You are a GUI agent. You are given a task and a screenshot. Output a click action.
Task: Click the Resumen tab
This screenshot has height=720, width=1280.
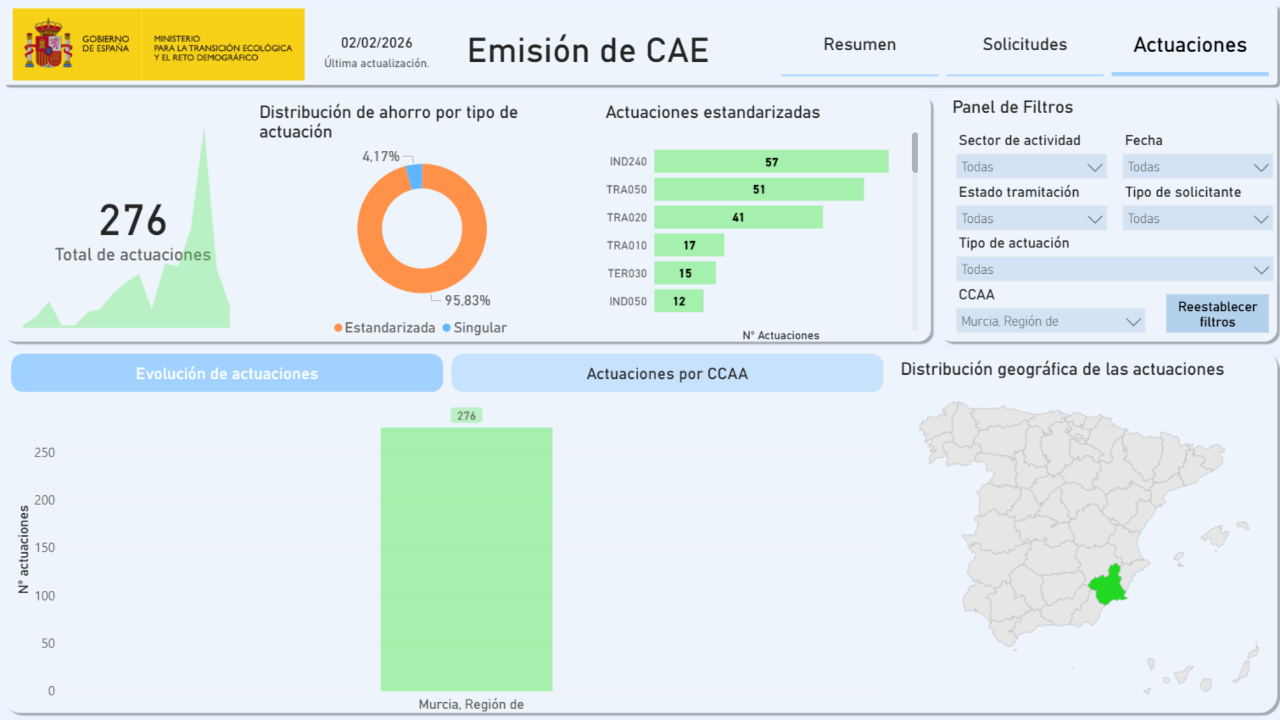pos(859,45)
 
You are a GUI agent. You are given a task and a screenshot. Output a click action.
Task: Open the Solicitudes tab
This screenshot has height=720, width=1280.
pos(1025,45)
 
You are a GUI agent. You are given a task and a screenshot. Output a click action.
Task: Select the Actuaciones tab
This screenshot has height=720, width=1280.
pos(1190,45)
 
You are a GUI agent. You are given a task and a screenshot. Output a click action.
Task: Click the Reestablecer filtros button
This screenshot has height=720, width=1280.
pos(1217,314)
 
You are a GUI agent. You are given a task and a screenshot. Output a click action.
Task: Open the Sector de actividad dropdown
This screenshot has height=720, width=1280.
pos(1031,167)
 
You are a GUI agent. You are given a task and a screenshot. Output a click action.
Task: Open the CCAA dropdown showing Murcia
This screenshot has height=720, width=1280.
pos(1050,321)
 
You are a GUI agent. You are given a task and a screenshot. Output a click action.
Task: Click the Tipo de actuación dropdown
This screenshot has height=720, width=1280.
pos(1113,269)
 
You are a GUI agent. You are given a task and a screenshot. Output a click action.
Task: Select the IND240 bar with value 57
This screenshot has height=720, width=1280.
pos(771,162)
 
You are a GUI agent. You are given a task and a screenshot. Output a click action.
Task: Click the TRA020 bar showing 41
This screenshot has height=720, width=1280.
pos(738,217)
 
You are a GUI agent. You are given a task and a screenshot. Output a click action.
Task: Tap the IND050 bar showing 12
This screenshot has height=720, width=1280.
pos(678,301)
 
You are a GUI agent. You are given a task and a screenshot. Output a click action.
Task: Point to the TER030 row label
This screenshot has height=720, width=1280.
pos(627,274)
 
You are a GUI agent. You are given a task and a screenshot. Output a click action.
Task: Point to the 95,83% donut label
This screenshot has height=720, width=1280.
pos(467,301)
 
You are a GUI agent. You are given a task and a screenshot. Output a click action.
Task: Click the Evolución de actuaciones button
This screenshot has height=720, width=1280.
pos(227,373)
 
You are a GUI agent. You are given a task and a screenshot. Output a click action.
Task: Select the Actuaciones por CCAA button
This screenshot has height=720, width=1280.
pos(667,373)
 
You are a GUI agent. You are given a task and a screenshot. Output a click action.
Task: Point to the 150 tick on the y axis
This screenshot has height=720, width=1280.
pos(45,547)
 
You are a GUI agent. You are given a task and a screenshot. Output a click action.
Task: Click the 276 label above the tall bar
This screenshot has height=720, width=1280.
pos(466,415)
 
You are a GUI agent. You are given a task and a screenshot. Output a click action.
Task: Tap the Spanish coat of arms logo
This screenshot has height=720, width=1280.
pos(48,44)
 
